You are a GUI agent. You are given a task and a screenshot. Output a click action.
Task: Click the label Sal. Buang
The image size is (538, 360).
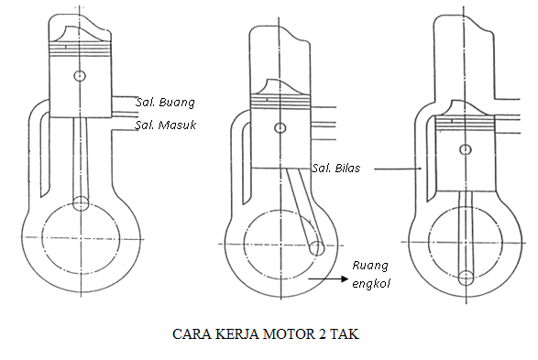pos(165,102)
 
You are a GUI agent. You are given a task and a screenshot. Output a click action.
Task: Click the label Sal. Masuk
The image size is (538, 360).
pos(166,124)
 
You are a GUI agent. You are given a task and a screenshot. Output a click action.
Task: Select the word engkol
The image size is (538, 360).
pos(372,283)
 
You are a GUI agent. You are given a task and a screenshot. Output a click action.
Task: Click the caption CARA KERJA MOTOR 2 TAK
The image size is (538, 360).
pos(267,333)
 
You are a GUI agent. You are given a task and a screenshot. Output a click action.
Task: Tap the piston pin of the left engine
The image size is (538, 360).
pos(81,74)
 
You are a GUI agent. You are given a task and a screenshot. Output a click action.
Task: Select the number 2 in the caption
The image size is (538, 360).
pos(323,333)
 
